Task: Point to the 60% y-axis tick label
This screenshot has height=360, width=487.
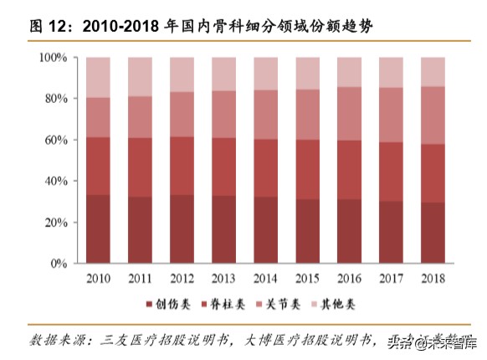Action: (x=55, y=140)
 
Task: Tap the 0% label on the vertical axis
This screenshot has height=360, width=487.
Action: (x=59, y=264)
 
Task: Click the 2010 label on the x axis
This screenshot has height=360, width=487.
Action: (x=98, y=278)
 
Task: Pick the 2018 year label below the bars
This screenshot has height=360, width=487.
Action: (x=433, y=278)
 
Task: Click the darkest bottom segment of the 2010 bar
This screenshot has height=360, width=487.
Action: (x=98, y=229)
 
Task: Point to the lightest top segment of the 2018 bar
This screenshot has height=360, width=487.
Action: (x=433, y=72)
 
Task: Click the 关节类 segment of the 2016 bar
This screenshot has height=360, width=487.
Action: (x=349, y=114)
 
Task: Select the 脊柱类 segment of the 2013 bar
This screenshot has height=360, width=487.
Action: (x=223, y=167)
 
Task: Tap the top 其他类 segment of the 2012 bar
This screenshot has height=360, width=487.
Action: (x=182, y=75)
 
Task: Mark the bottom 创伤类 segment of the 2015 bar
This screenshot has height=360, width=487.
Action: (x=307, y=231)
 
